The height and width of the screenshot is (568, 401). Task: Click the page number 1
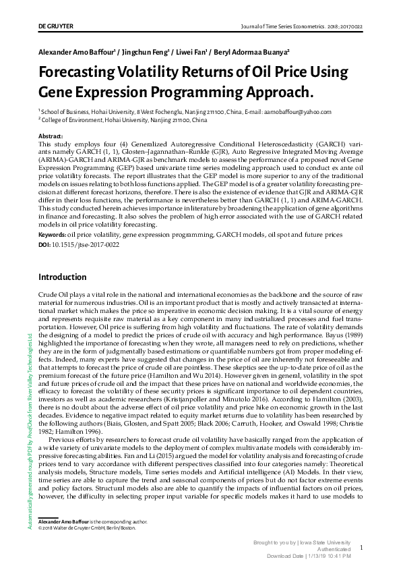(x=362, y=548)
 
